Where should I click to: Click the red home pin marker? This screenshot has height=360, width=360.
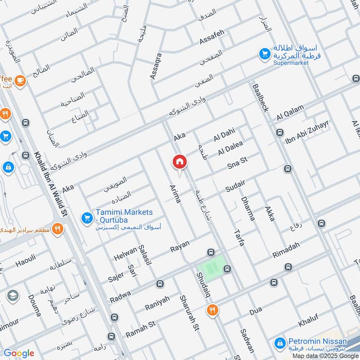[x=179, y=162]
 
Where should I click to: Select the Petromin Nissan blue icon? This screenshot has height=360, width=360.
[x=280, y=344]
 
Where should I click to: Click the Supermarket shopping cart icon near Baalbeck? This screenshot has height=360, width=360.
[x=265, y=54]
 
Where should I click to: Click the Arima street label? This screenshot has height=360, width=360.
[x=175, y=193]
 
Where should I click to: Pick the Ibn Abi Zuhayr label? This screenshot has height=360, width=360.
[x=308, y=133]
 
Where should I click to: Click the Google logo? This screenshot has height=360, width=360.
[x=19, y=353]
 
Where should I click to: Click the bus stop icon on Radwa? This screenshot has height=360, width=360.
[x=159, y=284]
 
